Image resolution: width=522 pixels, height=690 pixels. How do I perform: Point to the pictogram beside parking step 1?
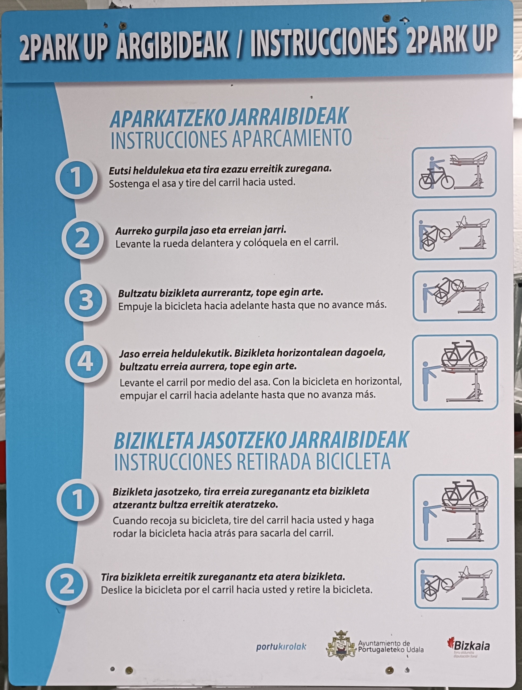[x=454, y=172]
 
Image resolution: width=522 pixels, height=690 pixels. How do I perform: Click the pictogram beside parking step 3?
[x=455, y=295]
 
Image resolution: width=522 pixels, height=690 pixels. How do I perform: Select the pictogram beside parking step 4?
[x=455, y=372]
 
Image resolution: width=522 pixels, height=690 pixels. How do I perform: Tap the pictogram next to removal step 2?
[x=457, y=584]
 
